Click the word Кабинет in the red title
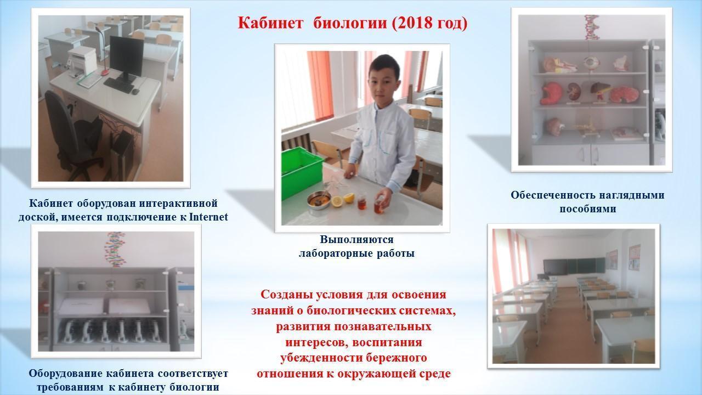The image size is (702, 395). [270, 23]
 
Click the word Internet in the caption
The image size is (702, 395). [208, 217]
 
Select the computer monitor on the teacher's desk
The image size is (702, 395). [126, 58]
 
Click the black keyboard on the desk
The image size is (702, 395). [119, 85]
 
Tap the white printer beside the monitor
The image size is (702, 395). [81, 61]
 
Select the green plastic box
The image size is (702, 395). [302, 172]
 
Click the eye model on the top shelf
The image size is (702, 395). [591, 63]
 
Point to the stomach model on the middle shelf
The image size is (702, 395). [551, 93]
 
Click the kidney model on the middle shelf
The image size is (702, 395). [574, 92]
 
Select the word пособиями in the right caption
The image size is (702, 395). [587, 209]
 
